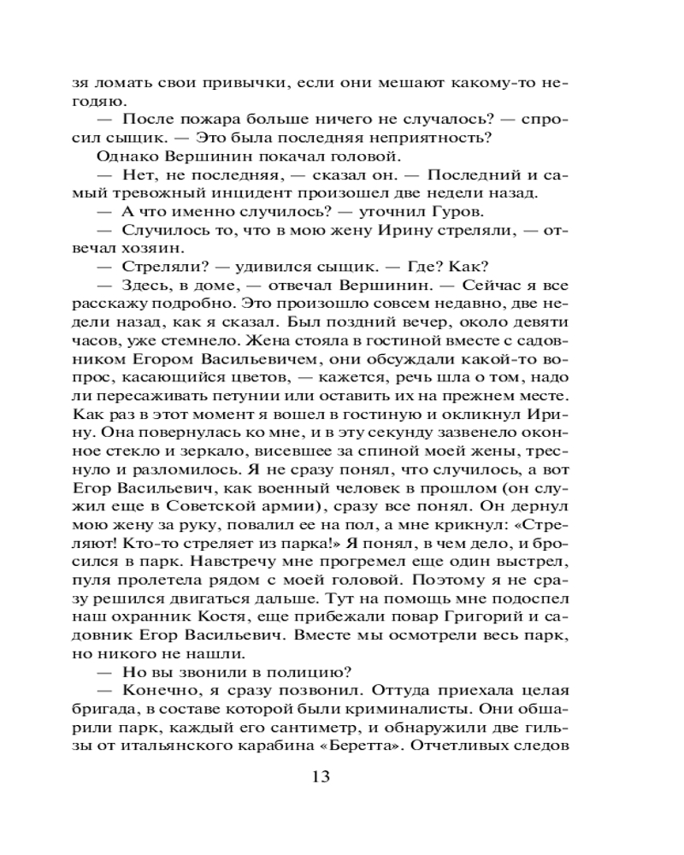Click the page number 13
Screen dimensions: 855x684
pyautogui.click(x=321, y=776)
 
